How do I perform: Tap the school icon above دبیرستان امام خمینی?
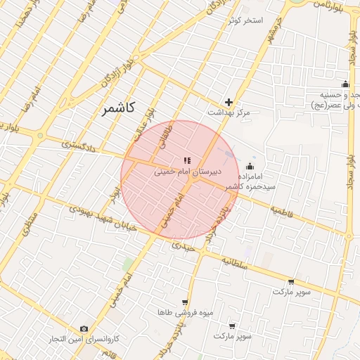pyautogui.click(x=186, y=160)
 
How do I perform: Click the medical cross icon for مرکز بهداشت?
pyautogui.click(x=229, y=102)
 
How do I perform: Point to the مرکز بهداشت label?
pyautogui.click(x=229, y=112)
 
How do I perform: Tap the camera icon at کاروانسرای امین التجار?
pyautogui.click(x=84, y=329)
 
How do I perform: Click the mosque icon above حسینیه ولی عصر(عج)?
pyautogui.click(x=345, y=84)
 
